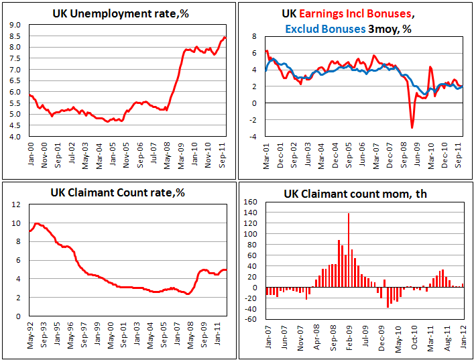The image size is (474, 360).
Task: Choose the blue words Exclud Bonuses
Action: click(324, 29)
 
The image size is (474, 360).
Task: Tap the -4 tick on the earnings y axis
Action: click(253, 136)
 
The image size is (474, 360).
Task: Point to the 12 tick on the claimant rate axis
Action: click(17, 204)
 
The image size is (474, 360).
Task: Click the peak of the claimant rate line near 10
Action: click(37, 223)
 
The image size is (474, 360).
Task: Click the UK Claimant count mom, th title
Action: click(356, 194)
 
